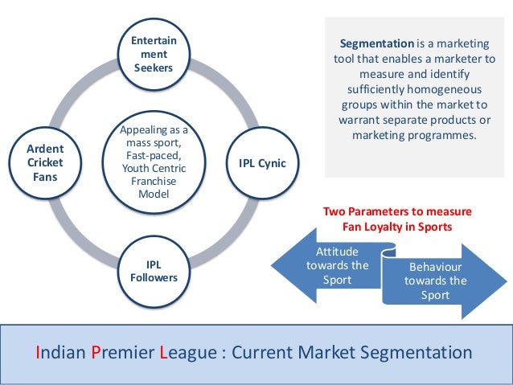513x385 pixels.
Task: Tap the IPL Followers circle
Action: click(154, 271)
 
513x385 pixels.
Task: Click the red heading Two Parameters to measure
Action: click(397, 212)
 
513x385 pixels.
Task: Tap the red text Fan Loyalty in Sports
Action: click(397, 227)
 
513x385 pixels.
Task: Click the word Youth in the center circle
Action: click(135, 168)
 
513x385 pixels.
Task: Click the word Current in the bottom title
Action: click(273, 352)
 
